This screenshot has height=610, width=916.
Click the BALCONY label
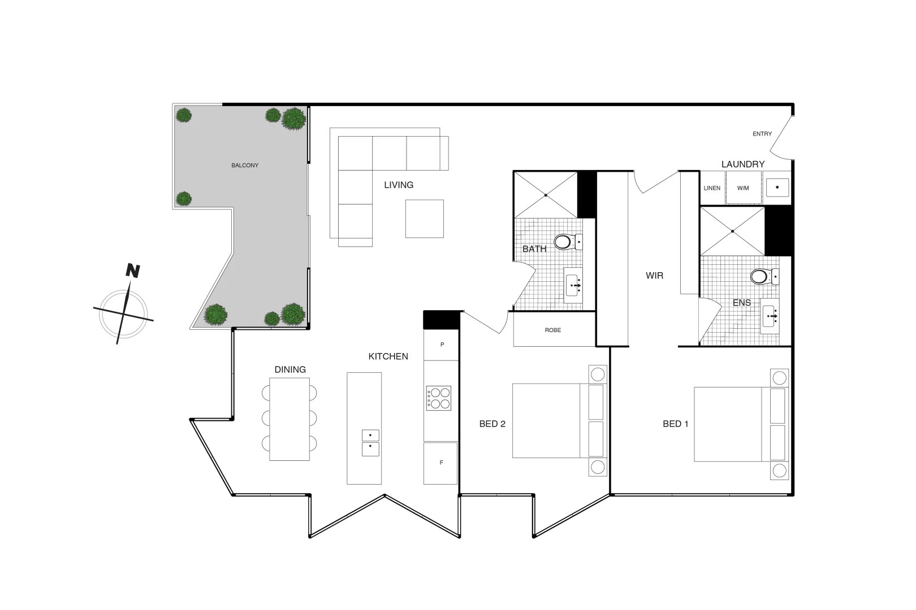(x=245, y=165)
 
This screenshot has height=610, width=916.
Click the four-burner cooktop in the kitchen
(x=439, y=398)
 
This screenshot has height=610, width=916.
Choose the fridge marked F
(x=440, y=463)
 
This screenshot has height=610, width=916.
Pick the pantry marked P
(x=442, y=345)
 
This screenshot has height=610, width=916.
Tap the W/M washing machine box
(x=743, y=188)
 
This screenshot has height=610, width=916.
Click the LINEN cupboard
(x=712, y=188)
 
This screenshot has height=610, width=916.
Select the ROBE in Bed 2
(x=554, y=330)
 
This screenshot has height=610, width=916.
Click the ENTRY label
(x=762, y=134)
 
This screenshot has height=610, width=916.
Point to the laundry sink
(x=778, y=188)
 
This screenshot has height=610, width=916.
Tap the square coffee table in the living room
(x=424, y=219)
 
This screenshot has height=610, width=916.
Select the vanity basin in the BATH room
(x=574, y=286)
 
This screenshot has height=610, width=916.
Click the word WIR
(x=654, y=276)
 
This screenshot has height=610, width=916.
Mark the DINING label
(x=290, y=369)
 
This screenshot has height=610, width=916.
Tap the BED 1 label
(x=676, y=424)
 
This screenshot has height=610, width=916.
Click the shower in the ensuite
(x=732, y=231)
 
